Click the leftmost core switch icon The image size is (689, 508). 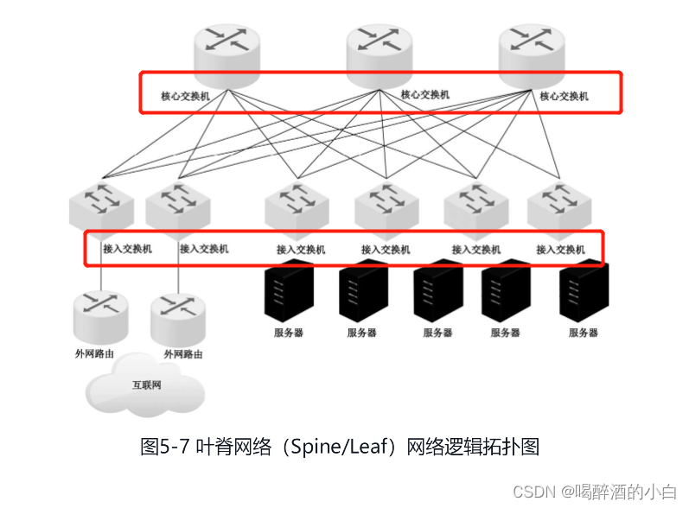[226, 54]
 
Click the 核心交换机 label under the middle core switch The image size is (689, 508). [425, 94]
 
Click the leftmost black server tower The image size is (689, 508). [288, 289]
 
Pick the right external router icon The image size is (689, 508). [177, 319]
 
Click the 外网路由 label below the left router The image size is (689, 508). [94, 353]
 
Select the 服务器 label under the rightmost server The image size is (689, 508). [584, 332]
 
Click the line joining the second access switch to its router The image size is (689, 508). [178, 275]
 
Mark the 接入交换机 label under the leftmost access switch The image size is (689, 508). [127, 249]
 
